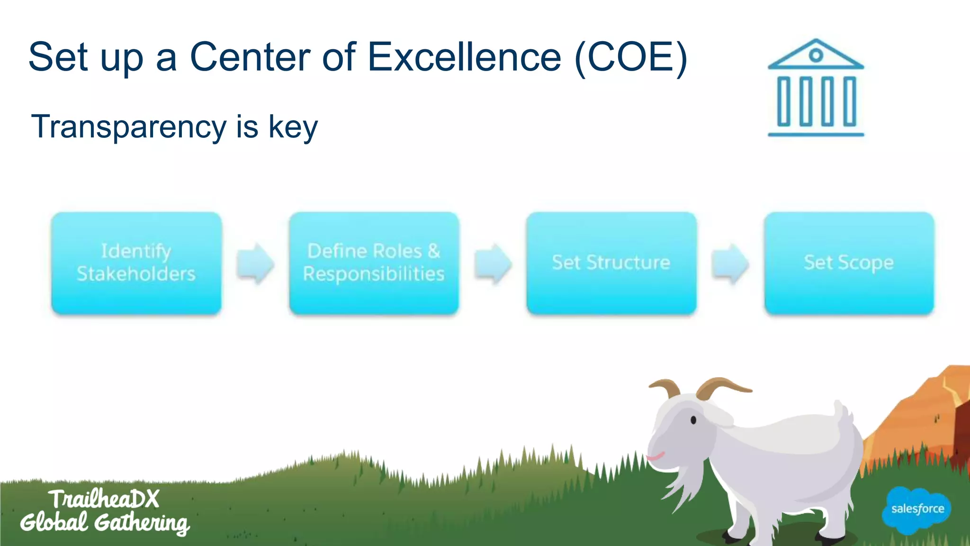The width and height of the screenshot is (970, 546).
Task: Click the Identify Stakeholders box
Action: pyautogui.click(x=136, y=263)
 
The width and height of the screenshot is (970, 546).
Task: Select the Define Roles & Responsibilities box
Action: pyautogui.click(x=374, y=263)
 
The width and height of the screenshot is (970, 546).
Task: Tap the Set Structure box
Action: pyautogui.click(x=611, y=263)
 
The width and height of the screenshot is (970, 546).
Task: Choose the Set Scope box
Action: pyautogui.click(x=849, y=263)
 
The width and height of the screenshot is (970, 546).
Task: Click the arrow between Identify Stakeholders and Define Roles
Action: pyautogui.click(x=255, y=264)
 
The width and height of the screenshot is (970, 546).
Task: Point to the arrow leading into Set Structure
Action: pyautogui.click(x=493, y=264)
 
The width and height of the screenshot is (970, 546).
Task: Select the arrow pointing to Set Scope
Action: pyautogui.click(x=730, y=264)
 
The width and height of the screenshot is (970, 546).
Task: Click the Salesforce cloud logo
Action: pyautogui.click(x=917, y=510)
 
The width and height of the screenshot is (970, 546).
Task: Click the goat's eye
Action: pyautogui.click(x=693, y=420)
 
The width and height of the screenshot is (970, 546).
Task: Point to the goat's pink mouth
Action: pyautogui.click(x=656, y=457)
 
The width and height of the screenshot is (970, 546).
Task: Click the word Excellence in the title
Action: pyautogui.click(x=464, y=57)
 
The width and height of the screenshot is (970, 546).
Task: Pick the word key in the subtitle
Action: pyautogui.click(x=293, y=127)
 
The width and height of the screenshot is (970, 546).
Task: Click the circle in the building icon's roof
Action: pyautogui.click(x=816, y=55)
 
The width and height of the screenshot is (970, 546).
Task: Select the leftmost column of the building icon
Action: pyautogui.click(x=784, y=101)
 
